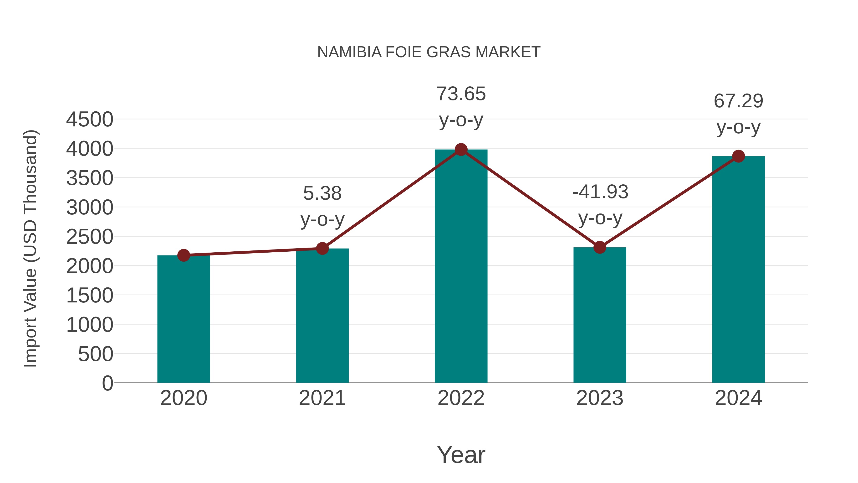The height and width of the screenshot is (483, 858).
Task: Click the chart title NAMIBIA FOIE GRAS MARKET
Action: pos(429,52)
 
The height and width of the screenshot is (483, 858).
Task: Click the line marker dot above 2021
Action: pos(322,248)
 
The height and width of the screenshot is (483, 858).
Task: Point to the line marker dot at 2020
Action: pos(184,255)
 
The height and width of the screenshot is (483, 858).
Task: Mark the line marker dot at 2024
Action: pos(738,156)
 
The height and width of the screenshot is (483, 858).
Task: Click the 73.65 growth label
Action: pos(461,94)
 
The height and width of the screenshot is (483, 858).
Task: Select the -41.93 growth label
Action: pos(600,192)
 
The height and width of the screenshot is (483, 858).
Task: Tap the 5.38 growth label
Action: pos(322,194)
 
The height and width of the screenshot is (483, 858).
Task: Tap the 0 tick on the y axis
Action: pos(107,383)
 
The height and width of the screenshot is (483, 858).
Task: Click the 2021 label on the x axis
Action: pos(322,398)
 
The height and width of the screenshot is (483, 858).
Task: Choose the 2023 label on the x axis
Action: pos(600,398)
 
